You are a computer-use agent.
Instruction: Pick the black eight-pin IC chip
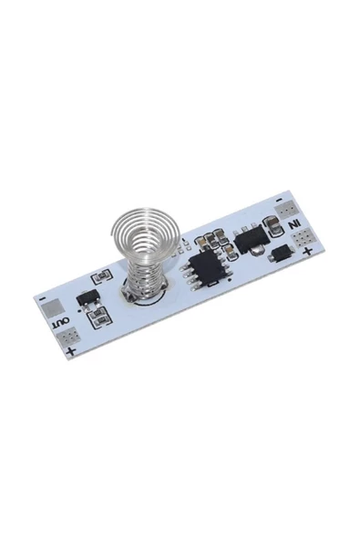pos(206,266)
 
